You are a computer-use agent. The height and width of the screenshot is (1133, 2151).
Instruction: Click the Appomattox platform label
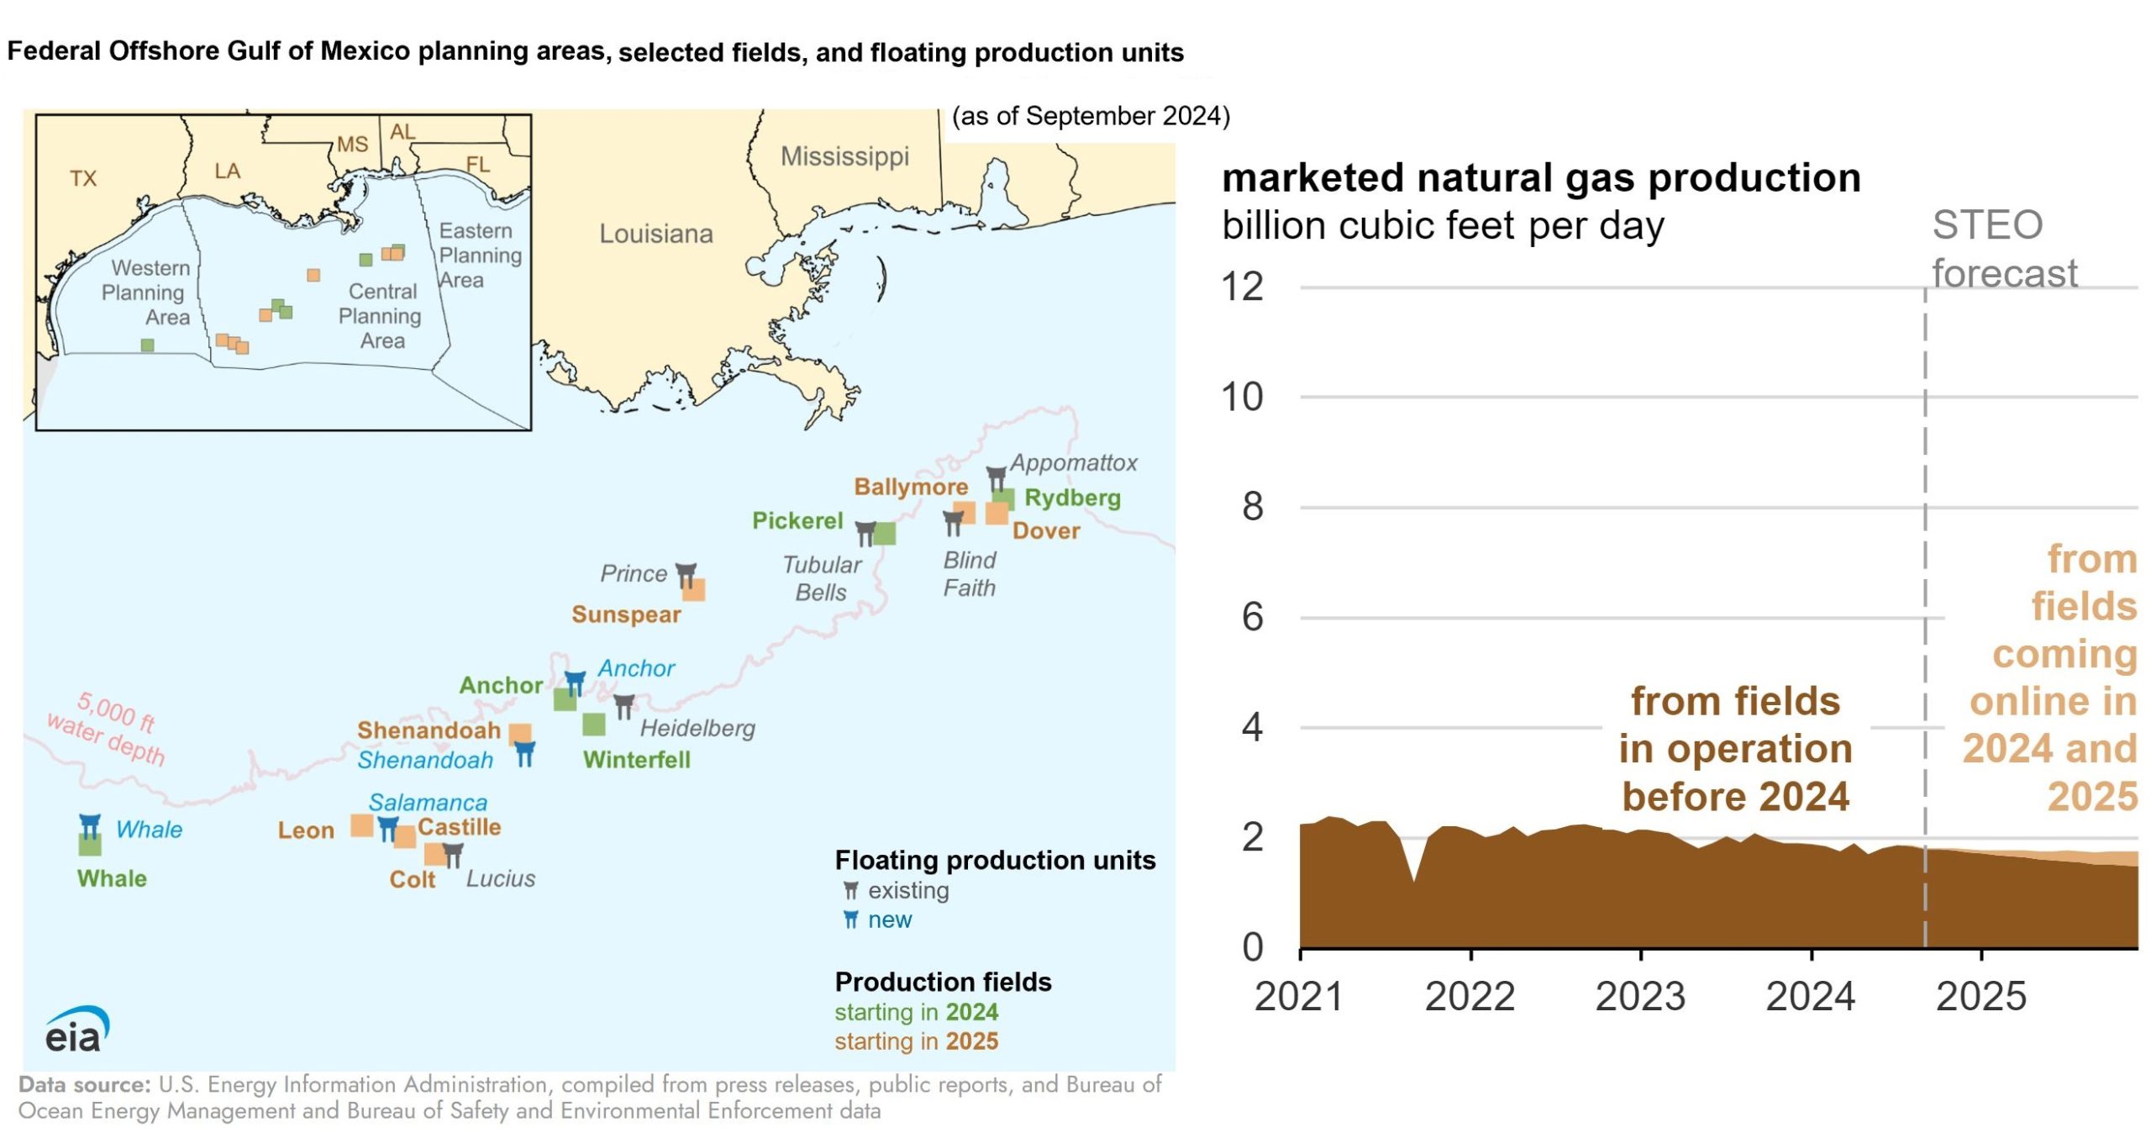tap(1073, 463)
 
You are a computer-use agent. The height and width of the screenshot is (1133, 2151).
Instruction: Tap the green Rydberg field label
tap(1072, 498)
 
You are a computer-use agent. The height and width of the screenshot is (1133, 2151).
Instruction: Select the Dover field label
tap(1046, 530)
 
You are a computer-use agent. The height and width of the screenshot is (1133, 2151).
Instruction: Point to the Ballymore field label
tap(911, 487)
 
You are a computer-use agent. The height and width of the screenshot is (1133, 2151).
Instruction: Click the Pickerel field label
tap(797, 521)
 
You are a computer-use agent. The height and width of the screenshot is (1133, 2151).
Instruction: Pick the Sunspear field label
tap(626, 614)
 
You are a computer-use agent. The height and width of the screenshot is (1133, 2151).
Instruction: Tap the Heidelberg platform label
tap(697, 728)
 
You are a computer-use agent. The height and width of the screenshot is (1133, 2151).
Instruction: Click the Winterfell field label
tap(637, 760)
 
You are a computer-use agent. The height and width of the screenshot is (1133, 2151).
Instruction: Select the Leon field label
tap(306, 830)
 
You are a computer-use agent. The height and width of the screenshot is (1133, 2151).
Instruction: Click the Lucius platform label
tap(501, 878)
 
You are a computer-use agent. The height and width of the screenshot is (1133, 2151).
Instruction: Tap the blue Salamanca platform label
tap(428, 803)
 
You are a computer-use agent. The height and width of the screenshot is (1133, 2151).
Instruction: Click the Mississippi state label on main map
tap(844, 157)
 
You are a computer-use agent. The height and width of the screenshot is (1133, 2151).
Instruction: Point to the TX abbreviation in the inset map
tap(83, 178)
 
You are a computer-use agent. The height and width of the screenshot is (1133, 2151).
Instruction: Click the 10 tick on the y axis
tap(1242, 397)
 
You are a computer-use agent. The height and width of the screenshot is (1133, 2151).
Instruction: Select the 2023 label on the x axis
tap(1640, 997)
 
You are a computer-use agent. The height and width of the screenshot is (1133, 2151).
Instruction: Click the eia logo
tap(76, 1030)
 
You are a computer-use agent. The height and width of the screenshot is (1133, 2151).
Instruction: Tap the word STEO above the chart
tap(1987, 225)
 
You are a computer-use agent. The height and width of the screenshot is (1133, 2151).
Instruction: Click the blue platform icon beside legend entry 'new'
tap(851, 920)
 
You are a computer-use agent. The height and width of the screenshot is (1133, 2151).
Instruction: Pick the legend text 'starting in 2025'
tap(917, 1041)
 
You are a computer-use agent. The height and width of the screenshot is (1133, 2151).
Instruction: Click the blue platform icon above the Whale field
tap(90, 825)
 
